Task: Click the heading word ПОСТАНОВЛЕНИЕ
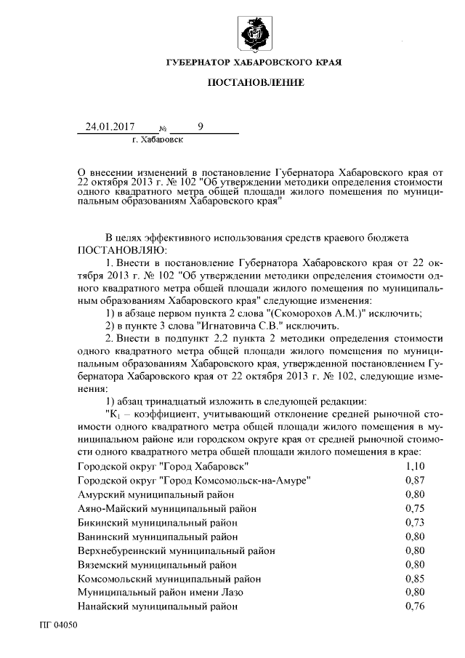[254, 85]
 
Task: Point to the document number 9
[201, 127]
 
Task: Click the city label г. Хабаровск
[158, 138]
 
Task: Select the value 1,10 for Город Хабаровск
[415, 465]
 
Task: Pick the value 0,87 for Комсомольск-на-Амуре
[415, 480]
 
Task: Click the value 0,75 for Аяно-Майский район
[415, 508]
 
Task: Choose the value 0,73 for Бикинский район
[415, 522]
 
